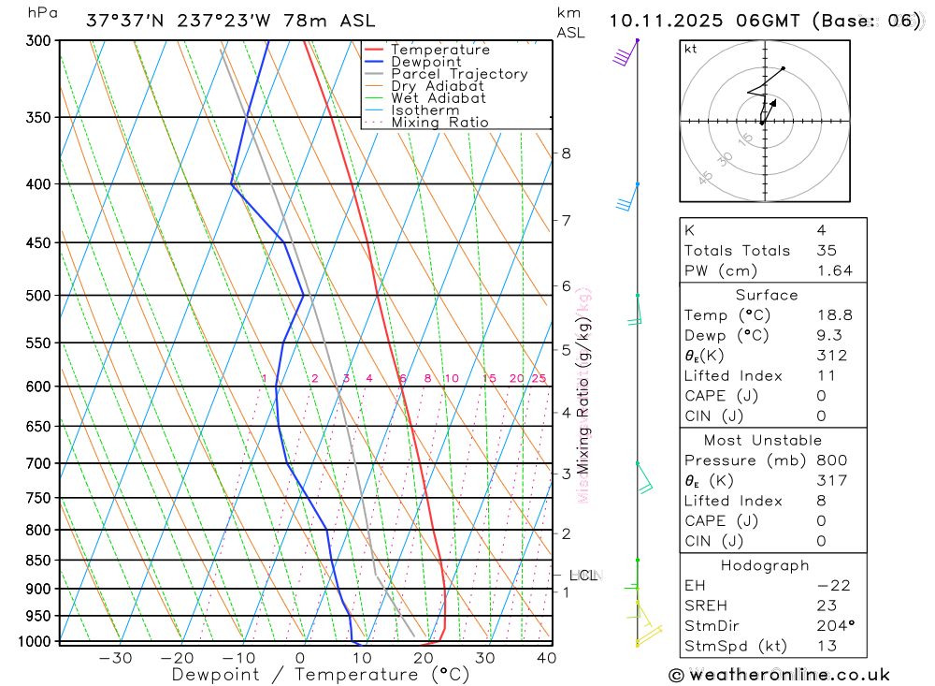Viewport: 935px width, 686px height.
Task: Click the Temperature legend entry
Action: pos(439,50)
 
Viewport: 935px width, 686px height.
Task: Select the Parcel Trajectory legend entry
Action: pos(458,74)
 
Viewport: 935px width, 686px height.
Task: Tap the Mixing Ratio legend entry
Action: pos(439,122)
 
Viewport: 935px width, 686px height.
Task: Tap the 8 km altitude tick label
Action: pos(567,153)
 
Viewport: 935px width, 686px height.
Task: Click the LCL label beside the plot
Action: pos(583,576)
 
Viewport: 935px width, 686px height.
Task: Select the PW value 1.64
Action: pos(834,270)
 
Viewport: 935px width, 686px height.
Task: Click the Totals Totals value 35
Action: pos(826,250)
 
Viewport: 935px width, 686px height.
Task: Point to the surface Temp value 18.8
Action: pos(834,315)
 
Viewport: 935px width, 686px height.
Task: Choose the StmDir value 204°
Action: pos(836,625)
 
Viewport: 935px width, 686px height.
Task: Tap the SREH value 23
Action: pos(826,606)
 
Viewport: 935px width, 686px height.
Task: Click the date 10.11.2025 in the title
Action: pos(665,20)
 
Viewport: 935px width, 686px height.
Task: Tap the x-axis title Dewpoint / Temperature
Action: pos(321,674)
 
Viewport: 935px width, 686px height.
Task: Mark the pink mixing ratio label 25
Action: pos(539,378)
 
